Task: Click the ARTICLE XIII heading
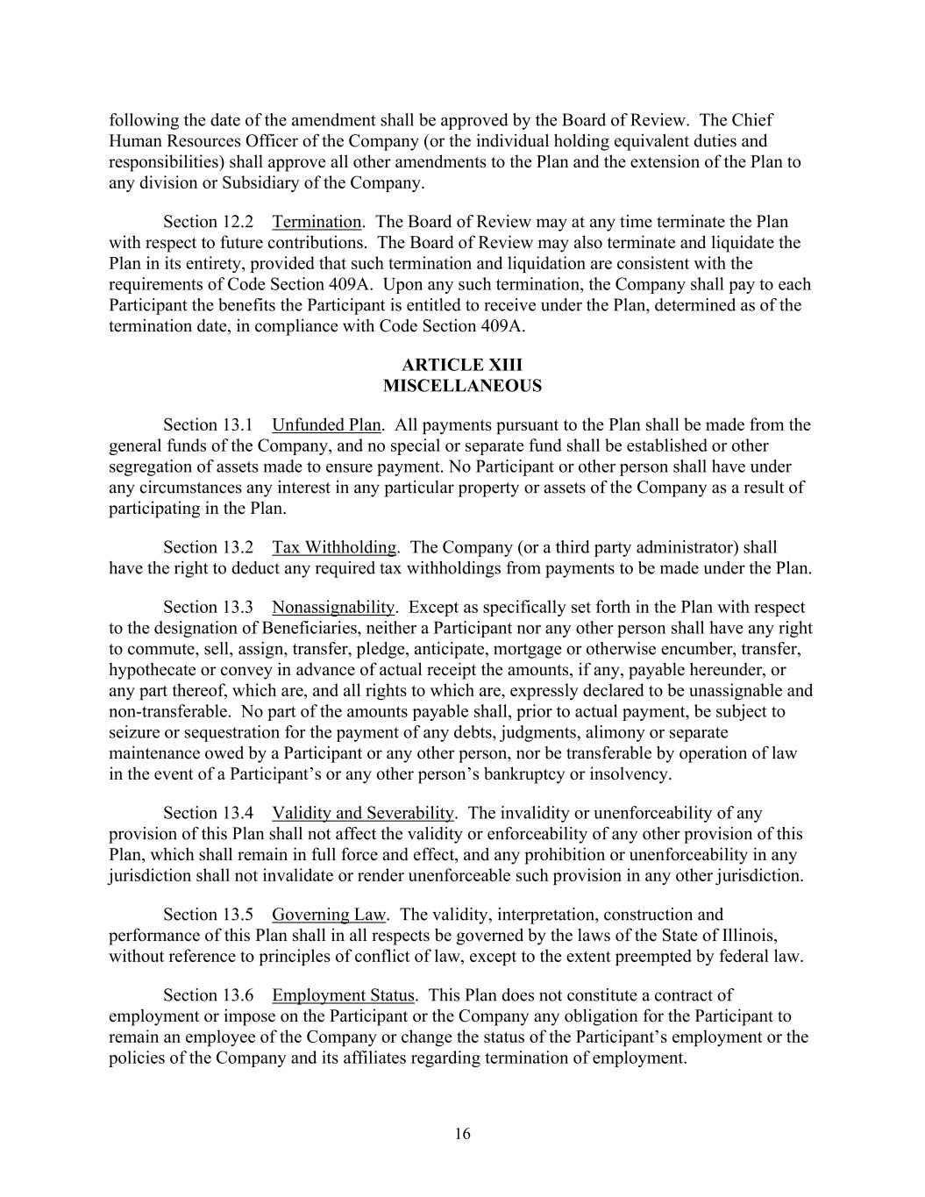coord(462,365)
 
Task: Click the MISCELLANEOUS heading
coord(462,386)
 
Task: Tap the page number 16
coord(462,1134)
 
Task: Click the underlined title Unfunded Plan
coord(326,425)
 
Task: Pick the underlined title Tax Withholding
coord(334,547)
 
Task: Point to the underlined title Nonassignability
coord(333,607)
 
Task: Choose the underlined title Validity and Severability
coord(363,813)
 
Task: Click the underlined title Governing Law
coord(329,915)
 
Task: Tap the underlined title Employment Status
coord(343,995)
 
